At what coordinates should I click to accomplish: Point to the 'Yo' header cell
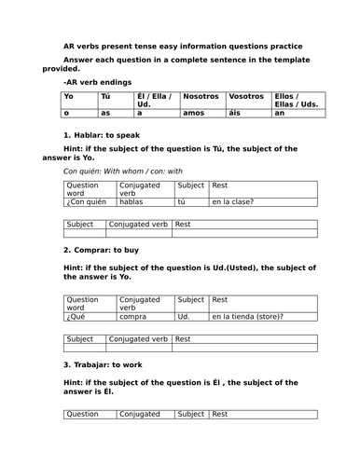tap(70, 96)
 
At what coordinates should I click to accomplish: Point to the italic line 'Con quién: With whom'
tap(123, 171)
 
